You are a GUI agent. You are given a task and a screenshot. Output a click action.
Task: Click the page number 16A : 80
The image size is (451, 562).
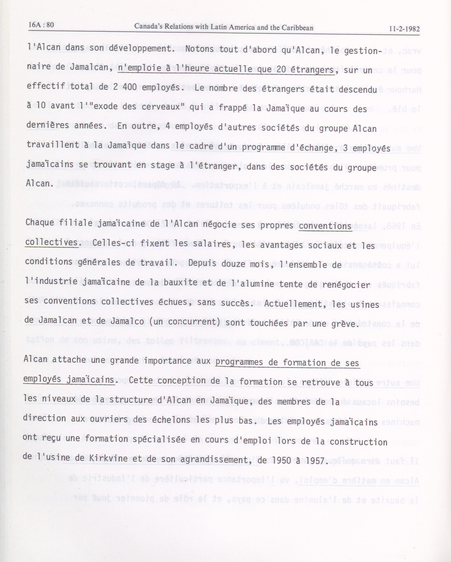click(41, 25)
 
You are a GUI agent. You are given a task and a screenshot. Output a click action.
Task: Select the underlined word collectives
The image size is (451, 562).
click(51, 243)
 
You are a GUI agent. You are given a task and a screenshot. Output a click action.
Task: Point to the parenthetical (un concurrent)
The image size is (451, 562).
click(185, 322)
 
